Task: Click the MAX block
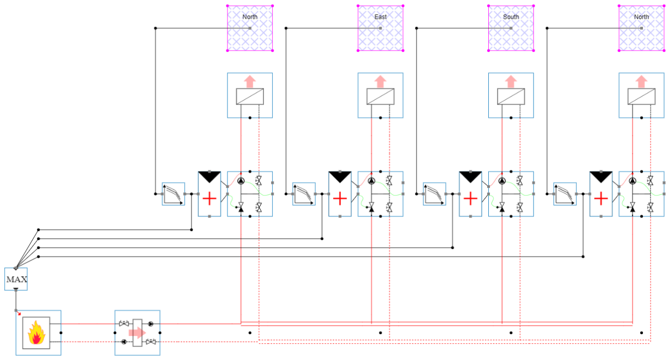click(16, 279)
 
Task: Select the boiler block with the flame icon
click(36, 332)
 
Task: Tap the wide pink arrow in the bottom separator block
click(137, 332)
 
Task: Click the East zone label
click(381, 17)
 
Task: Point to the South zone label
click(511, 17)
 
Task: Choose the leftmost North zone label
click(250, 17)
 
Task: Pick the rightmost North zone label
click(641, 17)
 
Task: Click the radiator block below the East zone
click(381, 95)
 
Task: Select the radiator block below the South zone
click(511, 95)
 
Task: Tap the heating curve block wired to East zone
click(304, 194)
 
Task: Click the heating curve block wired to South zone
click(435, 194)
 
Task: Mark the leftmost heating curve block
click(173, 194)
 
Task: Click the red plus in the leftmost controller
click(209, 199)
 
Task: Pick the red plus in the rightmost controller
click(601, 199)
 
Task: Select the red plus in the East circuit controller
click(340, 199)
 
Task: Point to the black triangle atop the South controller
click(471, 177)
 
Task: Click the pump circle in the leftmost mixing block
click(241, 181)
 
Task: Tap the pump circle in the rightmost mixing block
click(632, 181)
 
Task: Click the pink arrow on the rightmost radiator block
click(641, 81)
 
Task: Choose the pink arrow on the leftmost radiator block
click(250, 81)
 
